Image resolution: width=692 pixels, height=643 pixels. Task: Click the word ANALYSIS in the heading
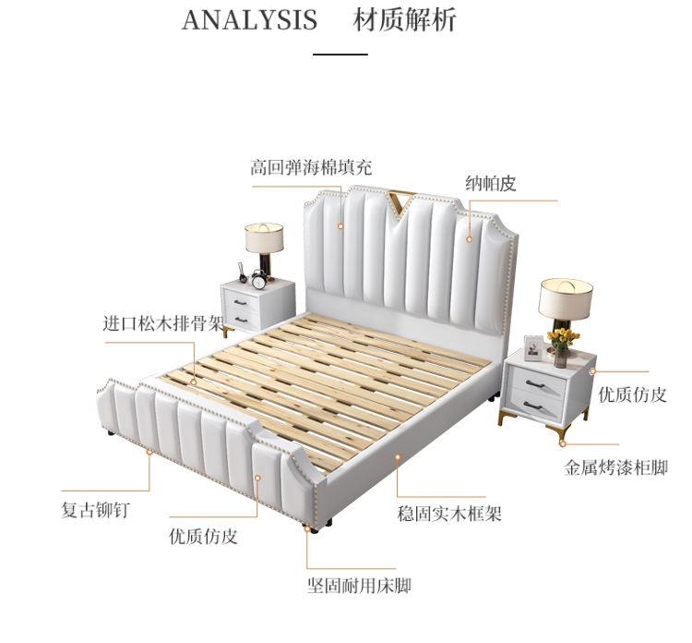point(249,20)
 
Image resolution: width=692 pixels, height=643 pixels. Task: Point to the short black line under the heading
point(340,55)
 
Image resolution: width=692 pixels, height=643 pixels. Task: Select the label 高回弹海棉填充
point(311,168)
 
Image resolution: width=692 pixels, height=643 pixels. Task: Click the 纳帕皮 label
point(490,184)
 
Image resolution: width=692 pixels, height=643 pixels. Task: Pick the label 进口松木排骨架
point(163,323)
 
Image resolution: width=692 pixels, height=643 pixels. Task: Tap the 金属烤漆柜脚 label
point(615,467)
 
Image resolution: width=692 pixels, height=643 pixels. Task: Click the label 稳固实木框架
point(449,514)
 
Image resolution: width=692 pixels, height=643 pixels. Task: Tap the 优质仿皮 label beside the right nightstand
point(632,394)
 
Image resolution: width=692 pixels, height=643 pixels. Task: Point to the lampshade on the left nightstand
point(264,237)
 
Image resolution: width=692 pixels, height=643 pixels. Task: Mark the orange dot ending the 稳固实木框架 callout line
point(397,456)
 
